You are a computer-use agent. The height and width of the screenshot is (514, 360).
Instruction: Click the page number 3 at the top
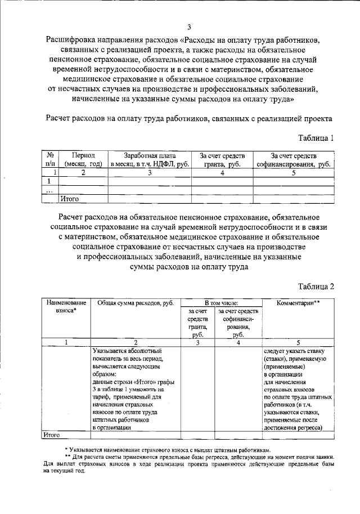[x=190, y=27]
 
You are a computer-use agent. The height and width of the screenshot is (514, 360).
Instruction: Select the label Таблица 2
[x=316, y=286]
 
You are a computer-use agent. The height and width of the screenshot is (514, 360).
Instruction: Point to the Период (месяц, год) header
[x=83, y=160]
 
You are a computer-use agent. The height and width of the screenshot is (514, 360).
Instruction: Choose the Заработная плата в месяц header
[x=150, y=160]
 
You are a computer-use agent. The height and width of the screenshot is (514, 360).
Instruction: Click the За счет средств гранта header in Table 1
[x=222, y=160]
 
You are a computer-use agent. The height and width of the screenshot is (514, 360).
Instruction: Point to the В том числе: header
[x=221, y=303]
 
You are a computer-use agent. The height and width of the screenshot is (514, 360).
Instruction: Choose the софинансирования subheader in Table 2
[x=238, y=322]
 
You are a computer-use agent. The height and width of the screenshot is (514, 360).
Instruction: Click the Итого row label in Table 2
[x=52, y=435]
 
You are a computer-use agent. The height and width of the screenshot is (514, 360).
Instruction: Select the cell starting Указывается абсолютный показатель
[x=135, y=388]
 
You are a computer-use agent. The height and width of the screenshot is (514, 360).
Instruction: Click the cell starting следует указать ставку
[x=298, y=388]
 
